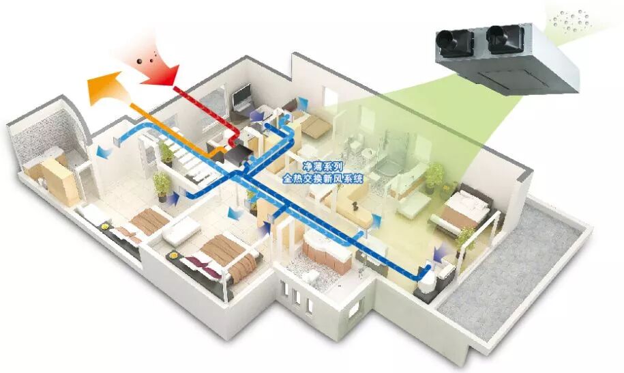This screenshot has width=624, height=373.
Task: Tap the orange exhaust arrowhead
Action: pyautogui.click(x=102, y=89)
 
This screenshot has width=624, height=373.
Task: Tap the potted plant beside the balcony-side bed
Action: pyautogui.click(x=466, y=236)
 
